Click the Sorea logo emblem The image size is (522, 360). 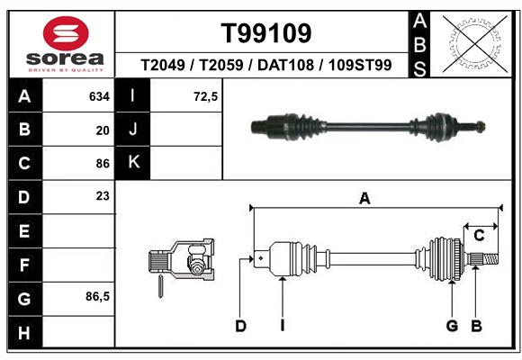(62, 33)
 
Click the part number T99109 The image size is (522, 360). (266, 33)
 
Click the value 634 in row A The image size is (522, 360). (99, 96)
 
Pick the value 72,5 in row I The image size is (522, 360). (206, 96)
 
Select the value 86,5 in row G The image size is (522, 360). (97, 296)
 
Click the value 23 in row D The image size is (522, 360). (102, 195)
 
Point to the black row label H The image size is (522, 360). (23, 332)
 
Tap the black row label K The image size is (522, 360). (133, 162)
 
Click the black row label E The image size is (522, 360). (23, 231)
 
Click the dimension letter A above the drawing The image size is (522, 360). (364, 199)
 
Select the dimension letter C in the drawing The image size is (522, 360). (480, 236)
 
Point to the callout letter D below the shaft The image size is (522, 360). (240, 326)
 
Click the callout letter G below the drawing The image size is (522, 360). (453, 326)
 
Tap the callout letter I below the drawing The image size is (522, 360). (282, 326)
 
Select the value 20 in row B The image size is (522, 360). (103, 130)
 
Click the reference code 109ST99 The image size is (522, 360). (359, 66)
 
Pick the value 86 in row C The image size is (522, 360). (102, 163)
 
